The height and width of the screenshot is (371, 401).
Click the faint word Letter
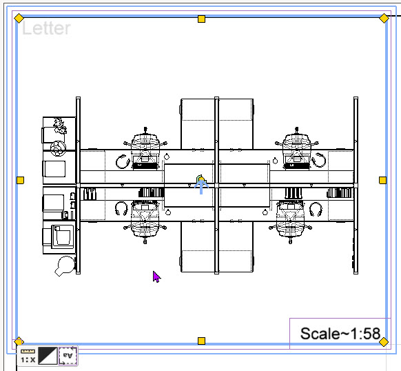point(46,28)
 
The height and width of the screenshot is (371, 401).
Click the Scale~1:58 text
point(340,334)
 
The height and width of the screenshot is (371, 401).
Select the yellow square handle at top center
point(201,19)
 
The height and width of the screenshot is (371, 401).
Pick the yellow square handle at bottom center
point(201,341)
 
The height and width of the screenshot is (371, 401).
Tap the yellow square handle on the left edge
point(21,180)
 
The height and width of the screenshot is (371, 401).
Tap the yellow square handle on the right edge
point(382,180)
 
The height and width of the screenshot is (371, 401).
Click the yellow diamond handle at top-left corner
point(19,19)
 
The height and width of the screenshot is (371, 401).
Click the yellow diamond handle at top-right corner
point(384,19)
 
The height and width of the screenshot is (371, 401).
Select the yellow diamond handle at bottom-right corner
point(384,342)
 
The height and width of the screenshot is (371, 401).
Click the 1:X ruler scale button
point(28,356)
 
